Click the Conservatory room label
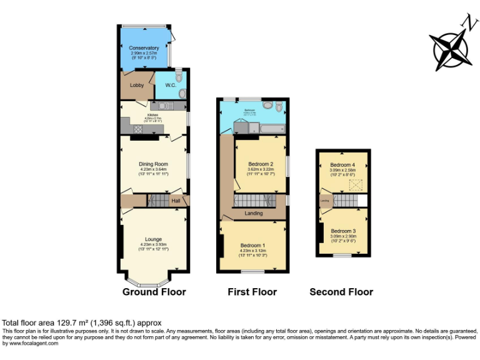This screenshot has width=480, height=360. [144, 48]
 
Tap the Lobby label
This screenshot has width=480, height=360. [137, 85]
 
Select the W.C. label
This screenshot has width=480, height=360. [170, 85]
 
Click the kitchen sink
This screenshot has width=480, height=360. [157, 106]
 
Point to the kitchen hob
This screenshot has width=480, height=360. [139, 129]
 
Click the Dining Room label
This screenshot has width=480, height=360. [154, 164]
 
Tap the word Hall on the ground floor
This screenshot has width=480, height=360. [176, 201]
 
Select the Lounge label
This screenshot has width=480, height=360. [154, 239]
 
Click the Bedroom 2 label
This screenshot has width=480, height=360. [260, 164]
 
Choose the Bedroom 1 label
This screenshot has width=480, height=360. [252, 245]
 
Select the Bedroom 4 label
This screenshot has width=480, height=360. [342, 165]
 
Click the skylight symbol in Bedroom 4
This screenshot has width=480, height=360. [356, 184]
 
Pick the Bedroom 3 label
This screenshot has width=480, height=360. [343, 231]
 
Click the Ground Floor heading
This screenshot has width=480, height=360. [154, 292]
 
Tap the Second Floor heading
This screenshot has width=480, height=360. [341, 292]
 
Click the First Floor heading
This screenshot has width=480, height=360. [252, 292]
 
